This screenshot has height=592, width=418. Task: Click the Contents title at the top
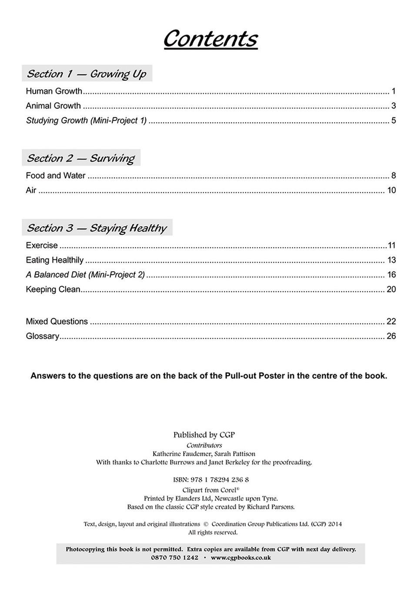(210, 39)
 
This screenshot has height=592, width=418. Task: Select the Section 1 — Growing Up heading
(87, 74)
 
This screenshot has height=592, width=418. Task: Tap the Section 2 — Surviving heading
(81, 158)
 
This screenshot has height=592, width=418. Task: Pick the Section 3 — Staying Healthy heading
(97, 228)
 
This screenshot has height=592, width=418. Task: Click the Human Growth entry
(54, 91)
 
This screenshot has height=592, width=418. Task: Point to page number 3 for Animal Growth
(393, 106)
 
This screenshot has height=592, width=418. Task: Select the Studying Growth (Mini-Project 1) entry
(86, 121)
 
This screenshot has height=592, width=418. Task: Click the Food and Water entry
(56, 176)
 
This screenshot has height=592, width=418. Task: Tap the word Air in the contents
(31, 190)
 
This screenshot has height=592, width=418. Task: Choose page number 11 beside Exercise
(391, 246)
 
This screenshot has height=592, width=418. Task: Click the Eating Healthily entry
(54, 260)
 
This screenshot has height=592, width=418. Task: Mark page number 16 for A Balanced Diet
(391, 275)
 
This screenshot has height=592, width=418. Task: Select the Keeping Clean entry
(53, 289)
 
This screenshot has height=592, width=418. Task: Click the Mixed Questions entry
(57, 322)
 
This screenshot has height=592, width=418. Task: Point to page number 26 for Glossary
(391, 336)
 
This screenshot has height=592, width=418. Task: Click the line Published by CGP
(204, 435)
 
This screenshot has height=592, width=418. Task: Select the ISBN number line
(211, 480)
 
